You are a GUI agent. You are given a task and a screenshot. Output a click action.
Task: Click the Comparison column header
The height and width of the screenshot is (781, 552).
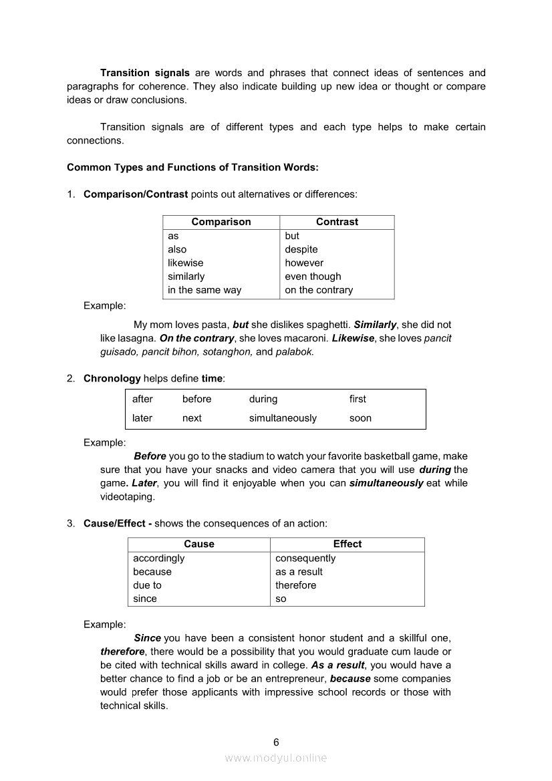221,222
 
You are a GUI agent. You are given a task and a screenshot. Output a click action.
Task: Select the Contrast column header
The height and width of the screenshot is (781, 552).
337,222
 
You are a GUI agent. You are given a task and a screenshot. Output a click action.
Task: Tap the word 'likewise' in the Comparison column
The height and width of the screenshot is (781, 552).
185,263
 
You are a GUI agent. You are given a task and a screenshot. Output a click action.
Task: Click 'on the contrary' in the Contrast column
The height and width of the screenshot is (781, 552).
319,290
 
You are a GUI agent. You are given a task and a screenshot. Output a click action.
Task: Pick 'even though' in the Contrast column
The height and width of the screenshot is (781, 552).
313,276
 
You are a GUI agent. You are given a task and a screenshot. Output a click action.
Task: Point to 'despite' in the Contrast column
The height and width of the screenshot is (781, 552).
301,249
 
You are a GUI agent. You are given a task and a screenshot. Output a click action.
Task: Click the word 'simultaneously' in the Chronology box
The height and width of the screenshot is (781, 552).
283,418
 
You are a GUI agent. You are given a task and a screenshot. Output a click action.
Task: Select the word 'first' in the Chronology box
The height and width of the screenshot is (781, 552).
358,399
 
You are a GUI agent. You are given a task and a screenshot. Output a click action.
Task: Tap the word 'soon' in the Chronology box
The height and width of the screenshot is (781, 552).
360,418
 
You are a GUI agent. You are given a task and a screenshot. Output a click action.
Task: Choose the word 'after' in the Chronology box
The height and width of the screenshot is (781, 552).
142,399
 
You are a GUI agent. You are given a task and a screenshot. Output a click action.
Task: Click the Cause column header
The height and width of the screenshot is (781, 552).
199,544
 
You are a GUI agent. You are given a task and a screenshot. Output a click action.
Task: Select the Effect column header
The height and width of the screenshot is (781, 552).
348,544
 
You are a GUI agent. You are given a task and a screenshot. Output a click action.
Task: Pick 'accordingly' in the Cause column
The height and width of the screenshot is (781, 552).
158,558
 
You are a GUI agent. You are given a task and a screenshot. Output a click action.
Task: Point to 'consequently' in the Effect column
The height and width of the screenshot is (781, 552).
305,558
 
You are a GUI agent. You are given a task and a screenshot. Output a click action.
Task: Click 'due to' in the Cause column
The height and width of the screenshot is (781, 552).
147,585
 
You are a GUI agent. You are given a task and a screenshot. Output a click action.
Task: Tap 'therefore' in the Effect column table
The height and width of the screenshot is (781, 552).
296,585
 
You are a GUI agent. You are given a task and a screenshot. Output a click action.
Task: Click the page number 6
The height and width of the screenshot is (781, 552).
276,742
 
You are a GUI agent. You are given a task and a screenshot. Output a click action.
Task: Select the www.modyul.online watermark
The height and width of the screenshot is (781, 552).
276,758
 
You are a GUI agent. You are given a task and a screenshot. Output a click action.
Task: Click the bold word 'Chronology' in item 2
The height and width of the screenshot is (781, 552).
112,378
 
